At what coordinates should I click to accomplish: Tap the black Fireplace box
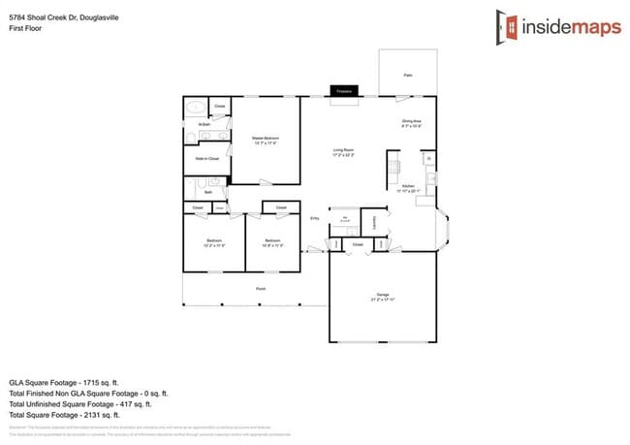[x=343, y=91]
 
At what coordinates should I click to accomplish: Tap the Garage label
[x=382, y=296]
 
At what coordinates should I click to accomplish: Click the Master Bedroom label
[x=266, y=139]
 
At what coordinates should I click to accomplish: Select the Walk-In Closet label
[x=206, y=158]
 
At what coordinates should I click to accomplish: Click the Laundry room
[x=373, y=223]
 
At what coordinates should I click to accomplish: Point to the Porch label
[x=261, y=288]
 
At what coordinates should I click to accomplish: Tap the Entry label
[x=314, y=219]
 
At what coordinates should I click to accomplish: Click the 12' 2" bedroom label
[x=215, y=243]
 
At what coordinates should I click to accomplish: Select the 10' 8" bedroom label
[x=272, y=243]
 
